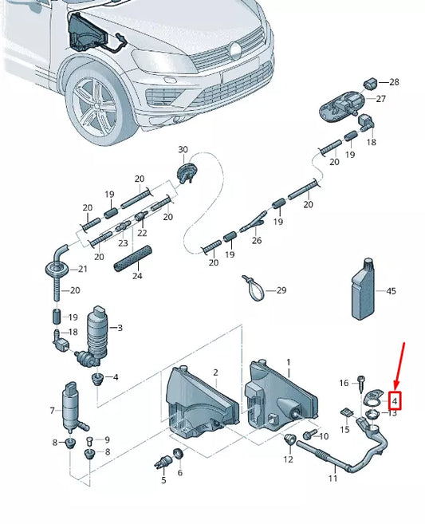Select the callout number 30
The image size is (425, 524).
(183, 150)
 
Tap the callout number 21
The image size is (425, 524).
(83, 270)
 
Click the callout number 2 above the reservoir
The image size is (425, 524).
(214, 372)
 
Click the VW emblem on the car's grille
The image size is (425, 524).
(236, 52)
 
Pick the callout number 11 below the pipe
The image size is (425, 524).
(333, 478)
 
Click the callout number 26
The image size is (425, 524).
(257, 240)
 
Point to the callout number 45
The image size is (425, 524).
(391, 292)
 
